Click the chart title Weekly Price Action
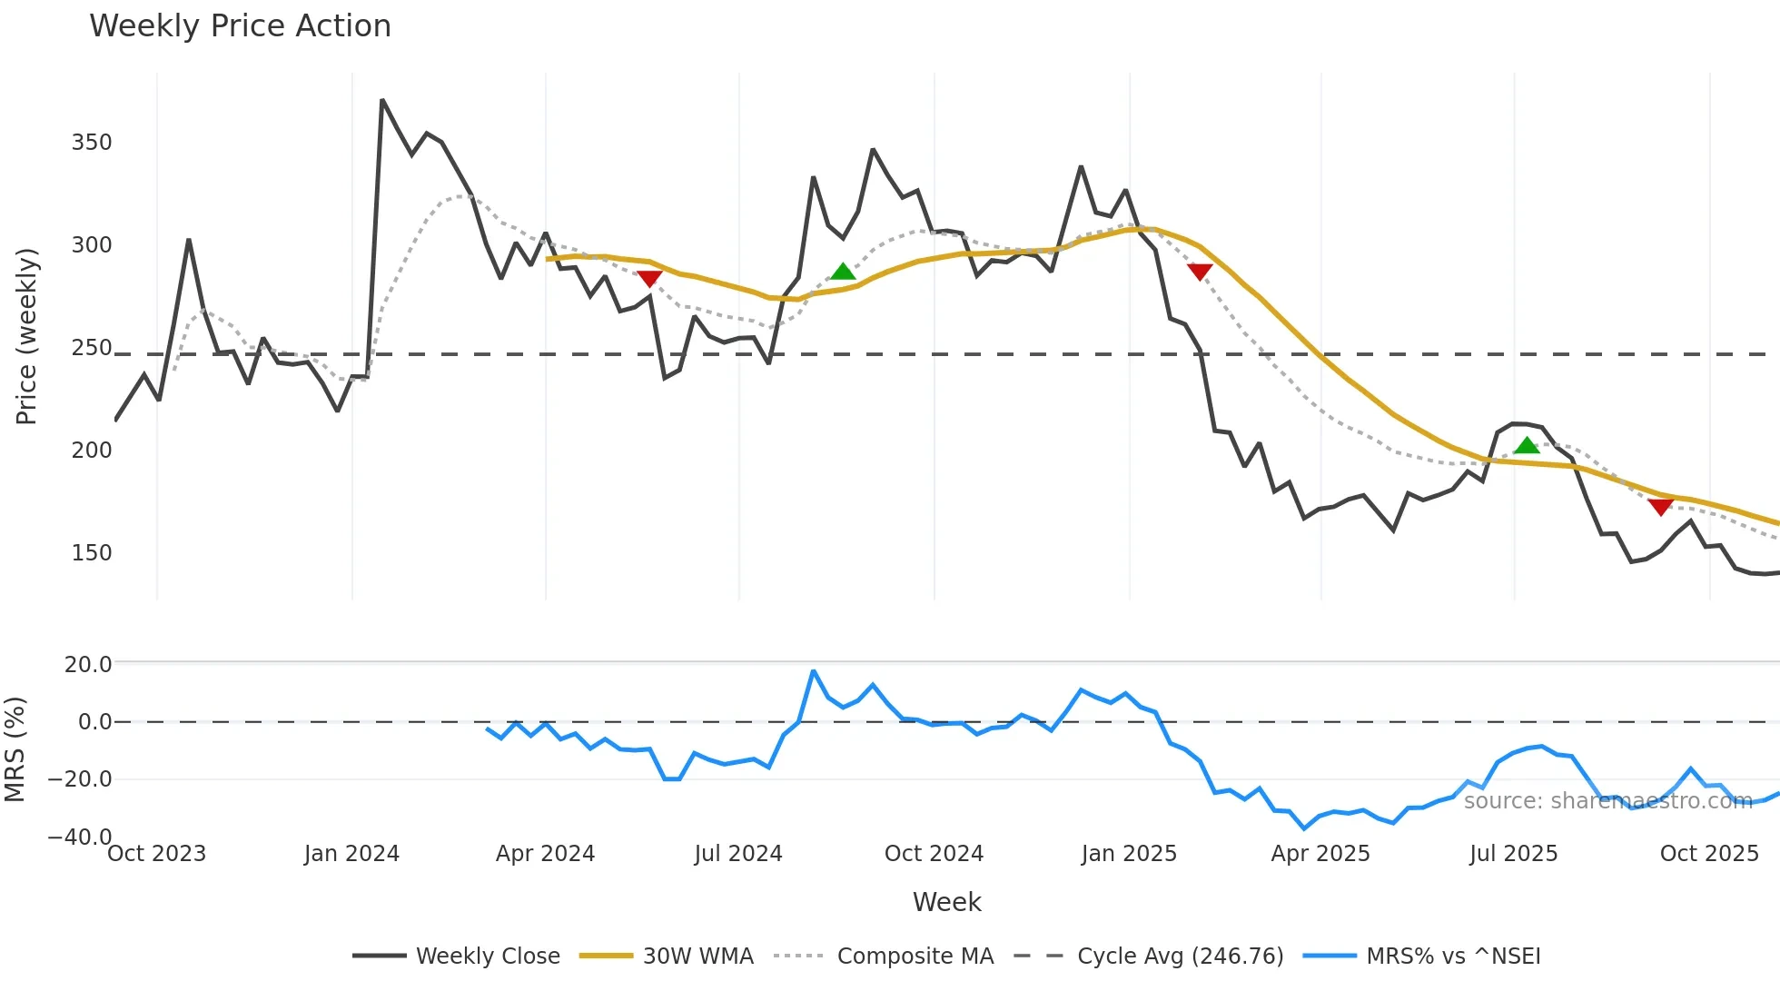coord(240,26)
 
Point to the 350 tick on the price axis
coord(92,143)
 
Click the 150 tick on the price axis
coord(92,553)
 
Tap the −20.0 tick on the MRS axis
coord(80,779)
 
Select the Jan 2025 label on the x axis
coord(1129,854)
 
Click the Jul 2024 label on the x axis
coord(738,854)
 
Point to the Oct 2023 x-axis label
coord(157,854)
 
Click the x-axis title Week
coord(946,902)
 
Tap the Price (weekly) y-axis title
coord(26,336)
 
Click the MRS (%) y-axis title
coord(15,749)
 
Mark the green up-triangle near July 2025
coord(1527,445)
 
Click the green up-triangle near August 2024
coord(843,272)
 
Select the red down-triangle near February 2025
coord(1200,272)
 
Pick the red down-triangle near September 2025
coord(1660,507)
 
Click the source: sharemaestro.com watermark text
coord(1607,800)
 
